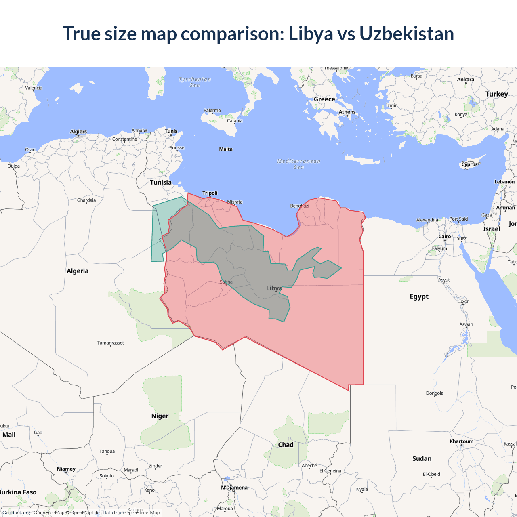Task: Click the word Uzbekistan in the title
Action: (406, 34)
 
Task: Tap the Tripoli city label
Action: (210, 193)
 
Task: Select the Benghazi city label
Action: (299, 206)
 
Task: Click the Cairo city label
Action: (444, 237)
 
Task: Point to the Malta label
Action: (226, 149)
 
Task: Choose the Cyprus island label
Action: (469, 164)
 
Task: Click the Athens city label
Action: (347, 112)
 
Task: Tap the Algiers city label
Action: (78, 132)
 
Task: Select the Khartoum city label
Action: (461, 441)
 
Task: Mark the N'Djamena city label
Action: (234, 488)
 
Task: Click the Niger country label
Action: (160, 416)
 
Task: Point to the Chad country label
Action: (286, 445)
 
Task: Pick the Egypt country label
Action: (419, 296)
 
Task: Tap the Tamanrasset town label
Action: (110, 343)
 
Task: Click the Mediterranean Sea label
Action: (298, 164)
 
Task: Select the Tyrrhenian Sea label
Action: (195, 82)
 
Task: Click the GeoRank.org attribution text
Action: (16, 513)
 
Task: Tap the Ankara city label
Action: (465, 80)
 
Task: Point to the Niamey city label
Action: (66, 469)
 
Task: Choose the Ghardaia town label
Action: (86, 200)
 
